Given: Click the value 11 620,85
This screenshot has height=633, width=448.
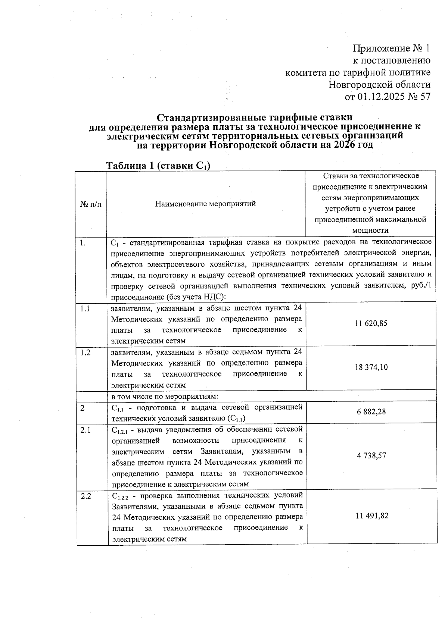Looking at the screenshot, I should [x=371, y=323].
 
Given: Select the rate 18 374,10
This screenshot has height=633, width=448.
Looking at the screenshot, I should [x=371, y=367].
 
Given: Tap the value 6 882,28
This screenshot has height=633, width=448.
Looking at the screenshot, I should [x=371, y=412].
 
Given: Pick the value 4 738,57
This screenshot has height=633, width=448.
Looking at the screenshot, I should [x=371, y=455].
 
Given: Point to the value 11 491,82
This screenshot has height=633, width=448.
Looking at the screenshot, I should [x=371, y=516].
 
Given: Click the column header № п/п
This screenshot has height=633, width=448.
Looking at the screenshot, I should [x=91, y=204].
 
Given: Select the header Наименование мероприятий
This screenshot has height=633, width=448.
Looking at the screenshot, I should [x=205, y=204].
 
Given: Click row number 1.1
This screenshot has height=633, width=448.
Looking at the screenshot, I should [x=85, y=309].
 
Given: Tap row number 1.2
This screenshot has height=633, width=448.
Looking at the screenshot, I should [x=85, y=352].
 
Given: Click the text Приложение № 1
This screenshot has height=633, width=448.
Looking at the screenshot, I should [x=391, y=48].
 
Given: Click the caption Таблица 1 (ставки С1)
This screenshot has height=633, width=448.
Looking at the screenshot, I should [x=158, y=166].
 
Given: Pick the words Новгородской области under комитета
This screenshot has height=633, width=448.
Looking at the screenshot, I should [x=379, y=85].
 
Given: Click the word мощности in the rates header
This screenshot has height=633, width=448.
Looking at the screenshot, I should [x=370, y=231].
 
